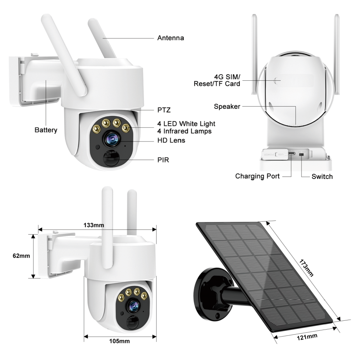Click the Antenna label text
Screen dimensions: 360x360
click(171, 38)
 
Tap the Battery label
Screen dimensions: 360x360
click(46, 130)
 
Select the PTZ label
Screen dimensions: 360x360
click(164, 110)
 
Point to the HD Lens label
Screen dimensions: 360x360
click(171, 140)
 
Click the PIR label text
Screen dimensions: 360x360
click(163, 160)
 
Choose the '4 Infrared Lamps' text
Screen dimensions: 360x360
click(185, 131)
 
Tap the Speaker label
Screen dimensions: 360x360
click(227, 107)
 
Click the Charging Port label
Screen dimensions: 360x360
click(257, 176)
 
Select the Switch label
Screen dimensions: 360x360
click(322, 177)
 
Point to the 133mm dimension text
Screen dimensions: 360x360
click(94, 225)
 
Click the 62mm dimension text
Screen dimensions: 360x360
click(22, 256)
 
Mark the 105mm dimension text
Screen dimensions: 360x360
click(119, 341)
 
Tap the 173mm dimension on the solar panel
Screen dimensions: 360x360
click(306, 268)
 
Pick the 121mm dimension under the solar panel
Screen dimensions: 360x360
click(307, 337)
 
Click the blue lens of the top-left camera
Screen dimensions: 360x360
click(112, 139)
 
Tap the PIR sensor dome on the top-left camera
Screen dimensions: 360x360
click(112, 158)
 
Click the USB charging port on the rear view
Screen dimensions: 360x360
click(292, 153)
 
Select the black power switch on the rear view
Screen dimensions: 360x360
click(302, 155)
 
